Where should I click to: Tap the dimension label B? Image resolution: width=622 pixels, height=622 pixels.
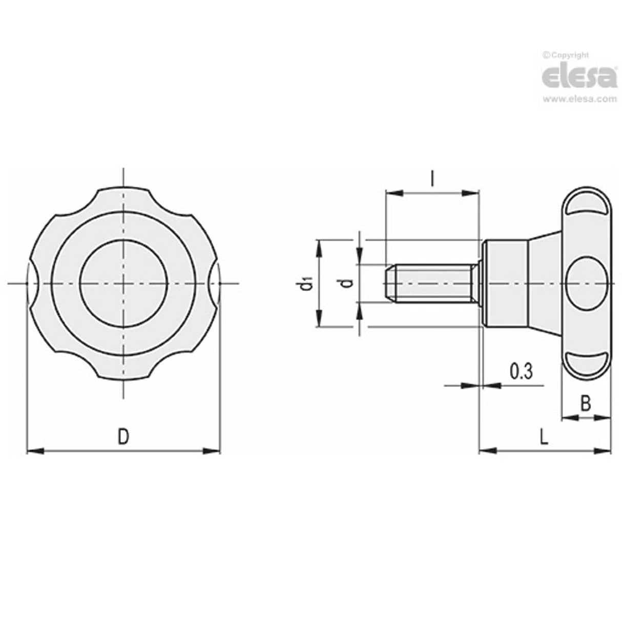pos(586,404)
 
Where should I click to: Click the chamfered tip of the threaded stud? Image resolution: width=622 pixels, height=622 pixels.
pos(390,283)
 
